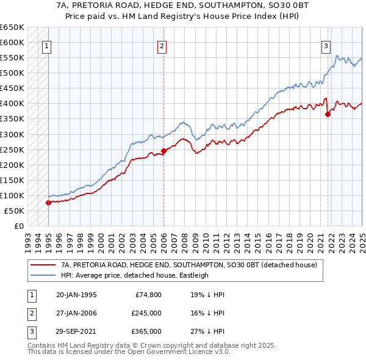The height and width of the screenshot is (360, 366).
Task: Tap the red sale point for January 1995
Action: pos(48,203)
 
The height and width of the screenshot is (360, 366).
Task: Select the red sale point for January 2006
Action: pos(163,151)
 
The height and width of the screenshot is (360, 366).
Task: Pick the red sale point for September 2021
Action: pos(328,113)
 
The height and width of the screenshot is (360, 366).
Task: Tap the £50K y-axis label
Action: pos(15,211)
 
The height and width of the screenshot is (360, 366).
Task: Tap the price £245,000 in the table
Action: pos(146,313)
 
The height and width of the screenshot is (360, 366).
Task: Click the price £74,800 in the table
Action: pos(148,295)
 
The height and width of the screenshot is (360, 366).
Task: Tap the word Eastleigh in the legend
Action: pos(192,275)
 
